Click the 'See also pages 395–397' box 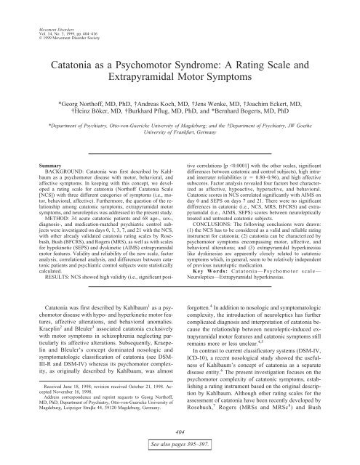(x=180, y=456)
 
